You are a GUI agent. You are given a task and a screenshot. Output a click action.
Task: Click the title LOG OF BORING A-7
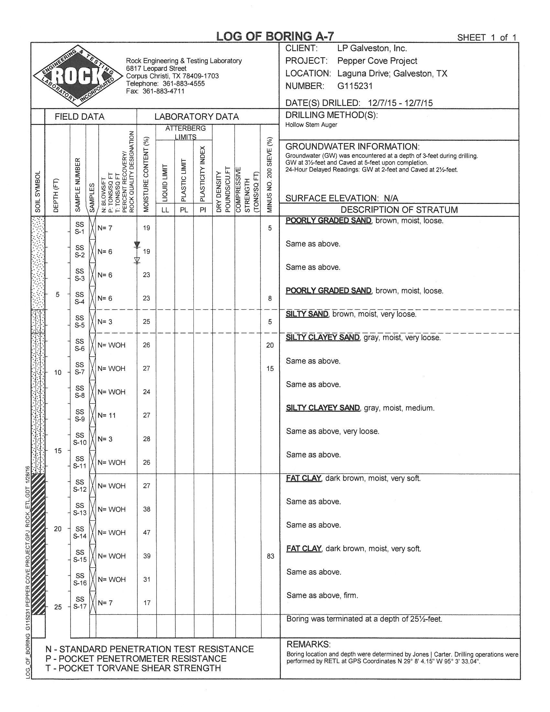click(275, 36)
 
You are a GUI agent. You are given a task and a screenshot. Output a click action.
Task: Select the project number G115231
click(355, 86)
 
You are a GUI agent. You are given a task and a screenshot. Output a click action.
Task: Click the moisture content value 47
click(147, 533)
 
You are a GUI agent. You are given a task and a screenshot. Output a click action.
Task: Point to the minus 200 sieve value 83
click(270, 556)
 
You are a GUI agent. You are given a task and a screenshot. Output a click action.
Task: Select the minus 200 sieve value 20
click(270, 345)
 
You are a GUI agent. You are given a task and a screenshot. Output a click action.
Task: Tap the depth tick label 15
click(58, 451)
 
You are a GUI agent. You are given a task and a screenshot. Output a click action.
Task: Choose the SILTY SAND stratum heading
click(307, 314)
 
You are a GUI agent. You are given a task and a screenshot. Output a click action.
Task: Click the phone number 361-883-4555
click(183, 83)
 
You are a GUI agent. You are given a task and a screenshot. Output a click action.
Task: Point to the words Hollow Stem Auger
click(311, 125)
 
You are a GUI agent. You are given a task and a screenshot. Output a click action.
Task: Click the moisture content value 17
click(147, 603)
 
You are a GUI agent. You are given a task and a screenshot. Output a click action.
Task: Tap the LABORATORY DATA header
click(196, 117)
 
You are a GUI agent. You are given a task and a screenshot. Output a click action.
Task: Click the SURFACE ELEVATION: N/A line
click(342, 198)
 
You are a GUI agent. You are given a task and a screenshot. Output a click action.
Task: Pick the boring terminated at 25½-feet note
click(364, 619)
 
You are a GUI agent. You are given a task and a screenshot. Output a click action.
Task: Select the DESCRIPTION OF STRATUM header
click(399, 210)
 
